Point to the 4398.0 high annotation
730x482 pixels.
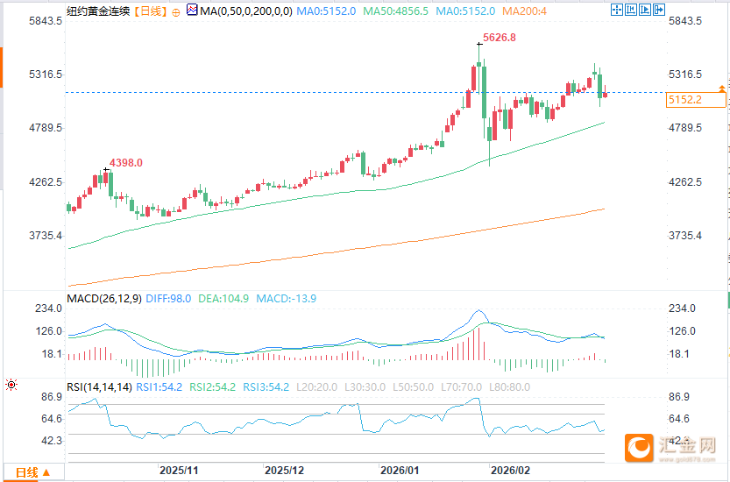[125, 163]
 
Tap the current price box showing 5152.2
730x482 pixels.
[684, 100]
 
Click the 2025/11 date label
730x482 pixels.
[179, 471]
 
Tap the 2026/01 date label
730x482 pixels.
[400, 471]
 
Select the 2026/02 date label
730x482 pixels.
[511, 471]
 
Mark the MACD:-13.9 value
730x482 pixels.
[287, 299]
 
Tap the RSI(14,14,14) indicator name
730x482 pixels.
[99, 386]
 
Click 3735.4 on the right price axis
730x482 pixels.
[684, 237]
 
